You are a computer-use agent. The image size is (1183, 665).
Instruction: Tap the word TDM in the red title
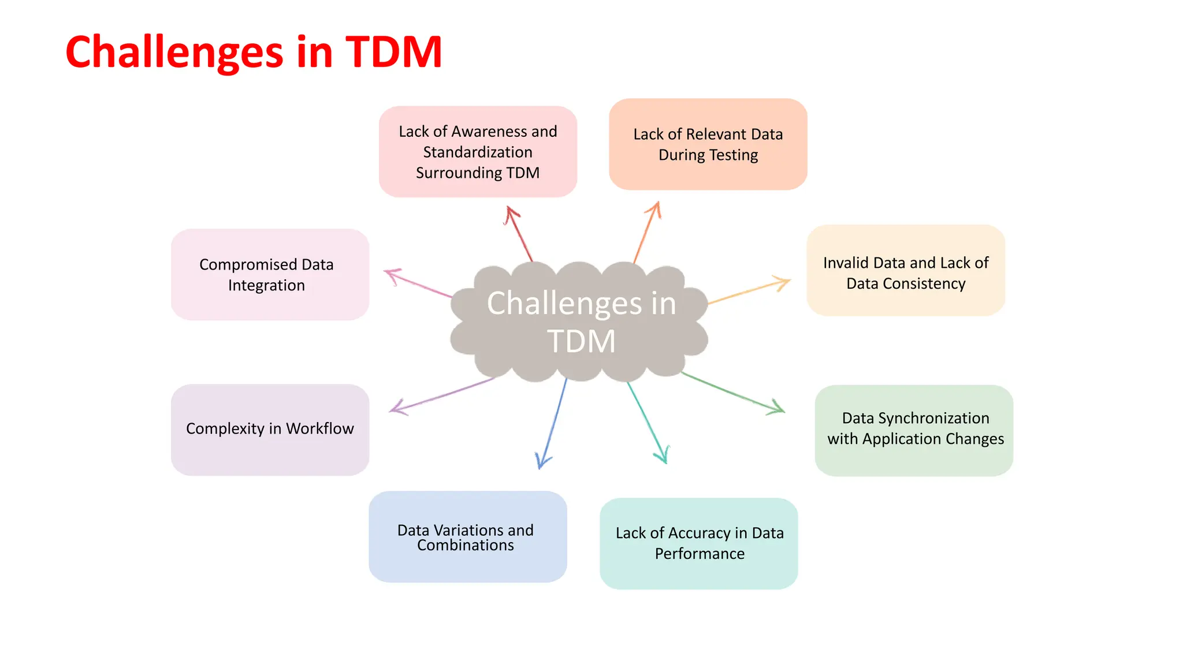point(394,52)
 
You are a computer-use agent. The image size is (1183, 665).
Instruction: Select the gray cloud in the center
point(579,322)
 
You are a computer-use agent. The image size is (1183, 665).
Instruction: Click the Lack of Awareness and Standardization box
point(478,152)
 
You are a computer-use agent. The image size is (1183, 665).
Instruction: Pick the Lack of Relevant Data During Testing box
point(708,144)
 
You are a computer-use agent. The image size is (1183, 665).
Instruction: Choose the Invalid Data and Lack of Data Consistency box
point(905,270)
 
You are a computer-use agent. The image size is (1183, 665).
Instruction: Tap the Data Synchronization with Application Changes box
point(914,430)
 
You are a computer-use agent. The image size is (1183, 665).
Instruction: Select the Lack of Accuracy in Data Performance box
point(698,543)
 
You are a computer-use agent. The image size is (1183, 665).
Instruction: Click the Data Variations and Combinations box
point(467,537)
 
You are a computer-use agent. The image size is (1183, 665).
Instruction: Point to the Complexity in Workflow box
point(270,430)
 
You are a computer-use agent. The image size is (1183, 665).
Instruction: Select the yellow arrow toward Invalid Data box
point(749,292)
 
